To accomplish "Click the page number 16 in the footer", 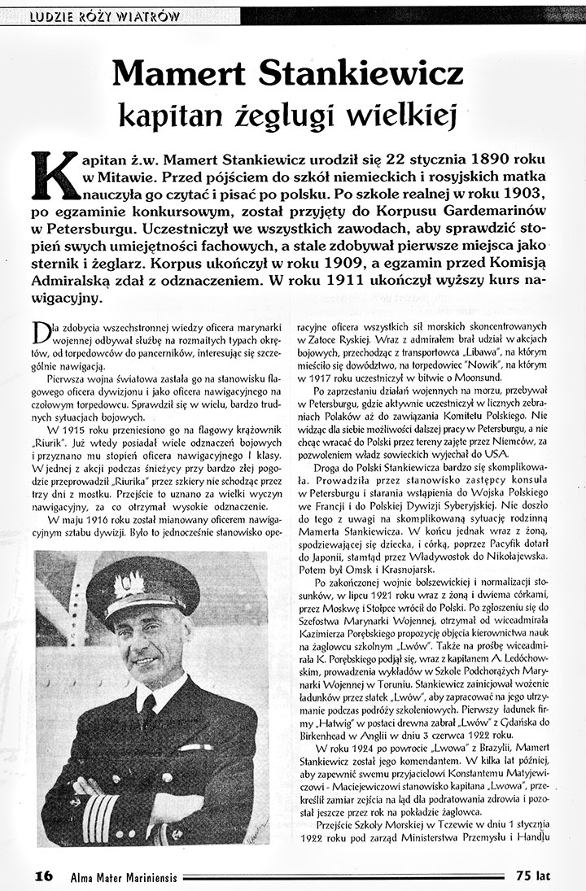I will [x=44, y=876].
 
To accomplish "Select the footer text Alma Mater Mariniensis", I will [x=119, y=876].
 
